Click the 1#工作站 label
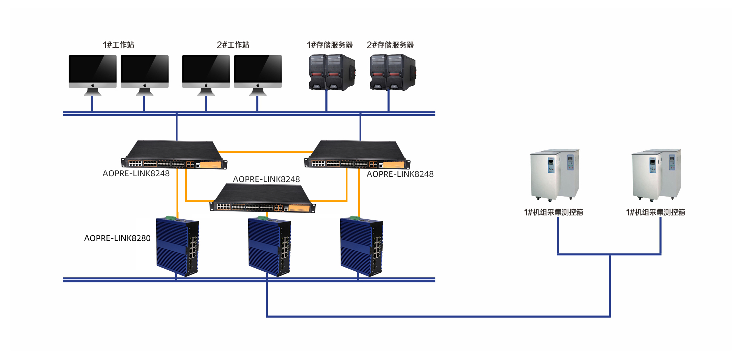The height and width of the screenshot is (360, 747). [118, 45]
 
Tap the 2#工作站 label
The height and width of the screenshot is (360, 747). [233, 45]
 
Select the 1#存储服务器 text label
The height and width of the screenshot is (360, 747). [330, 45]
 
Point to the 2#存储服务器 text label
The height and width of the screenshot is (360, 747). [390, 45]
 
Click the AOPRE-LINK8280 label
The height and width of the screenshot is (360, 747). [117, 238]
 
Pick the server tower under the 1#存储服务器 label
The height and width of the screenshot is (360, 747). [332, 72]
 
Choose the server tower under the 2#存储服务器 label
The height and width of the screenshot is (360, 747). [392, 72]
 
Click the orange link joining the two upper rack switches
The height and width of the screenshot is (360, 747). [265, 152]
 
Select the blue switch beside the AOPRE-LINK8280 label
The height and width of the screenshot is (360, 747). [178, 247]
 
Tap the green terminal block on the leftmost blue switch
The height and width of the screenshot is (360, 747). [170, 218]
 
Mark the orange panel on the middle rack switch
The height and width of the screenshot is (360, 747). [299, 208]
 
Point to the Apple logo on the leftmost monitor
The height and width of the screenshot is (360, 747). [92, 85]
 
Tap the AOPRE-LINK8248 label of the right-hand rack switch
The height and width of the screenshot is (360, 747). [400, 174]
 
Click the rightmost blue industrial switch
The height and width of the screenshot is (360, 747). [361, 247]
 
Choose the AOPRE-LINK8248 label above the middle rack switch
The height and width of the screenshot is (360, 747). [266, 179]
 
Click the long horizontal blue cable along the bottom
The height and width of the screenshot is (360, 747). [438, 316]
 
